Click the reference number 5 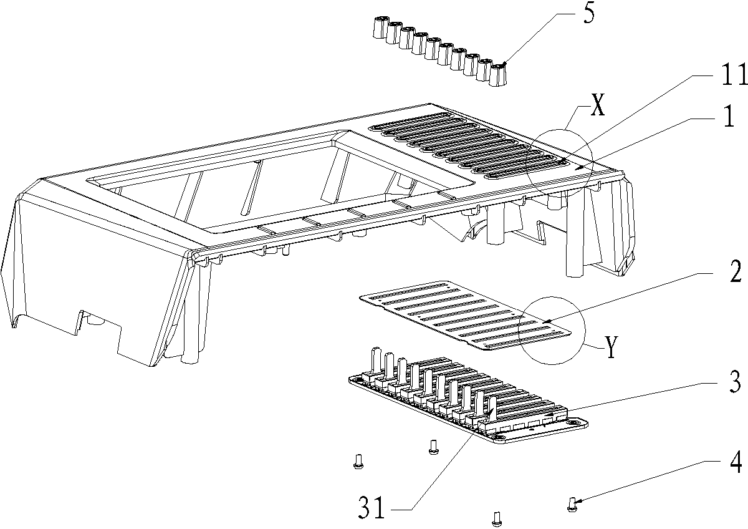click(588, 15)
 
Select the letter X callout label click(597, 108)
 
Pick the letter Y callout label click(611, 347)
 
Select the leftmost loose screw click(357, 460)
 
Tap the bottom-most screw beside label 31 click(497, 517)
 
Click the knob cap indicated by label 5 click(497, 74)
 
